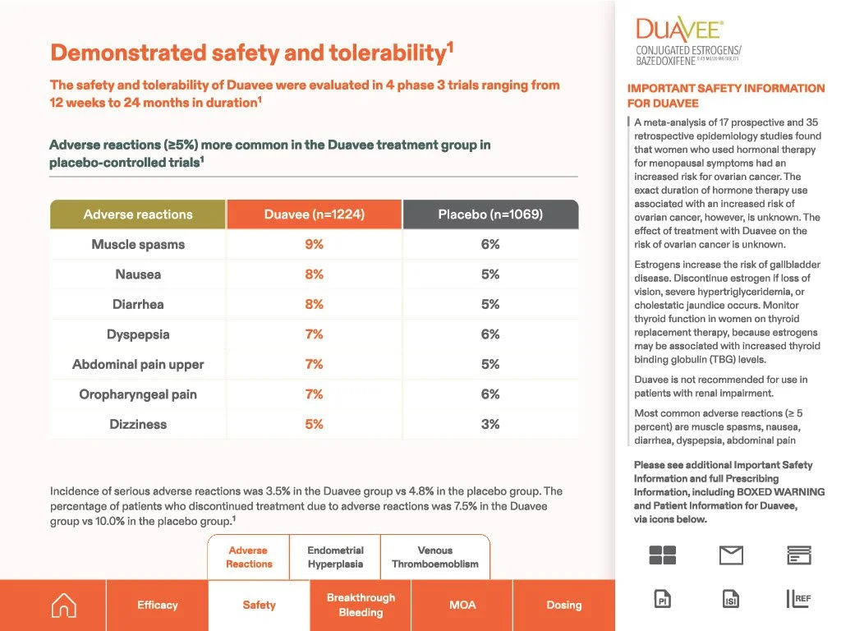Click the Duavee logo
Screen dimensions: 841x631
[689, 41]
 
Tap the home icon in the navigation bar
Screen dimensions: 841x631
[64, 606]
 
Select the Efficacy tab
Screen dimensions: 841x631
[157, 605]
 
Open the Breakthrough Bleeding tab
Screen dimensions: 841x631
[361, 605]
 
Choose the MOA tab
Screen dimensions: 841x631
[462, 605]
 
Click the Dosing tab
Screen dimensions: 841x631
[563, 605]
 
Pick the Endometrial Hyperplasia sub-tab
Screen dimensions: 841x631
[335, 557]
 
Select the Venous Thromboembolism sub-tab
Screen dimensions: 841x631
[435, 557]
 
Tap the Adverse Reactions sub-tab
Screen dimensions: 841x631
[249, 557]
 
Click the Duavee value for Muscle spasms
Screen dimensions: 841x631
[315, 244]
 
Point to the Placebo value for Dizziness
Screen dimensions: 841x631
[490, 424]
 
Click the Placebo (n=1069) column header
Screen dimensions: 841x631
[491, 214]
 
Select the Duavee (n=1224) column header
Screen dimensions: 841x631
[315, 214]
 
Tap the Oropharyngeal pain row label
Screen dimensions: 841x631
[138, 394]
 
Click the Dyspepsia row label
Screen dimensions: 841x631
[138, 334]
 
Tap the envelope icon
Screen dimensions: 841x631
[731, 555]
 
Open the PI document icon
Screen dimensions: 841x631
[663, 599]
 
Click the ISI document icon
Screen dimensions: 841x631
[731, 599]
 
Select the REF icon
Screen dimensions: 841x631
[798, 599]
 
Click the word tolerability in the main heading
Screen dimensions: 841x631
[388, 53]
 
